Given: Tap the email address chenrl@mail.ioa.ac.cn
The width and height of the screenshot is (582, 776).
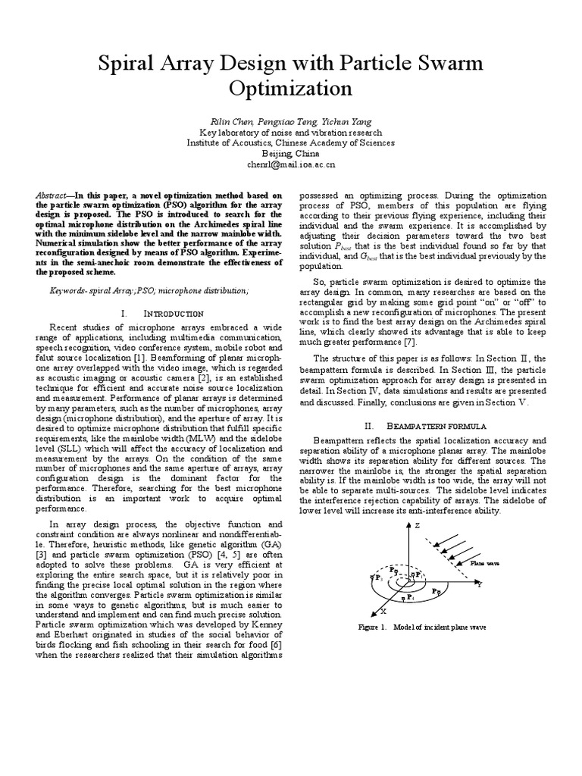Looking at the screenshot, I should [x=291, y=164].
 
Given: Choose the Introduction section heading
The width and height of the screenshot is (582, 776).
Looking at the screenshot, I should [x=172, y=313].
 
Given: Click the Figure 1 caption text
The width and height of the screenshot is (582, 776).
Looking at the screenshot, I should [x=422, y=628].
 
